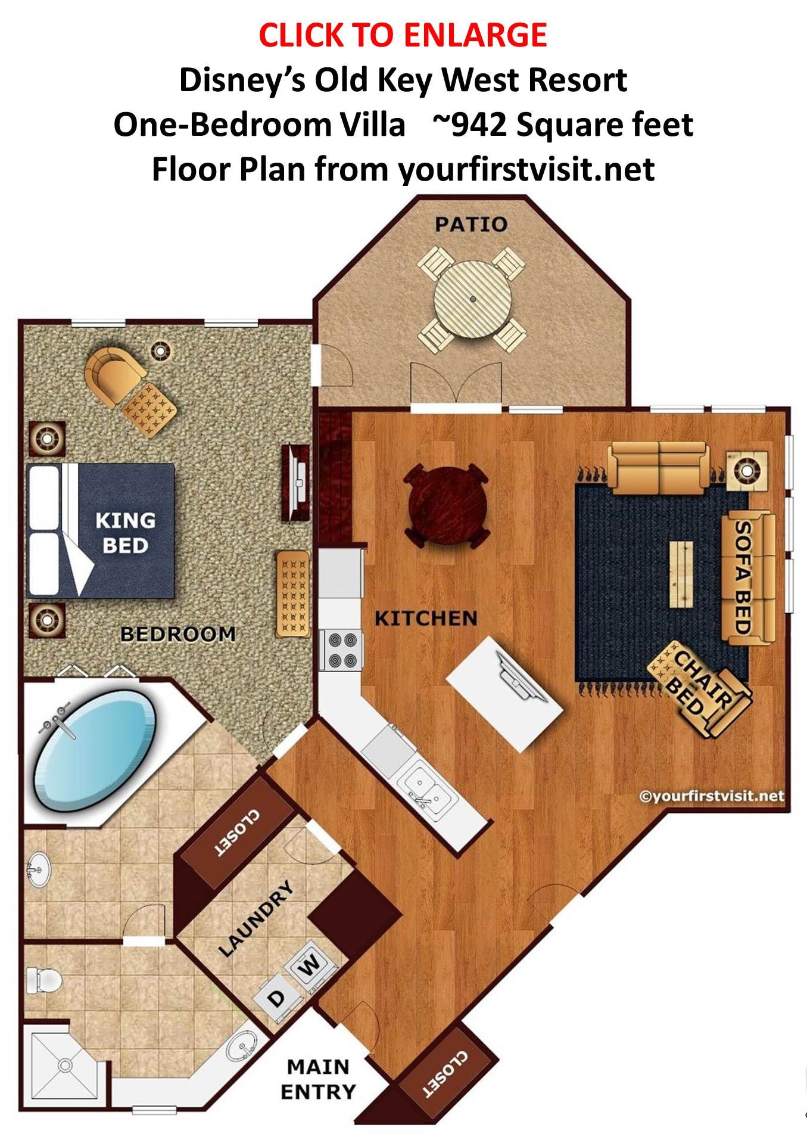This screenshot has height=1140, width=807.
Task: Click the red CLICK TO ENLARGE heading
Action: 403,35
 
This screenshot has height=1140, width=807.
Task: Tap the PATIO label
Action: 471,224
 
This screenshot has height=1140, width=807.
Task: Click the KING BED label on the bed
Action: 125,533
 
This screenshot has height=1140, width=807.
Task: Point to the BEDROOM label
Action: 178,634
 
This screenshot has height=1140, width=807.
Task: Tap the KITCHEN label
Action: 426,619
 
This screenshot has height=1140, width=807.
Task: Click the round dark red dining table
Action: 447,505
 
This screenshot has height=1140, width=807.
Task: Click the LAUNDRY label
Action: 257,919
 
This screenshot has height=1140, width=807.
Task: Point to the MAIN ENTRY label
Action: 318,1079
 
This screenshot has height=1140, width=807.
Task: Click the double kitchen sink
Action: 426,788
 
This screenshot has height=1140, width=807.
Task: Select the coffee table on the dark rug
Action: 681,574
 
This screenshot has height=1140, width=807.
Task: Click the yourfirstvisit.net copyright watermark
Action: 711,796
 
